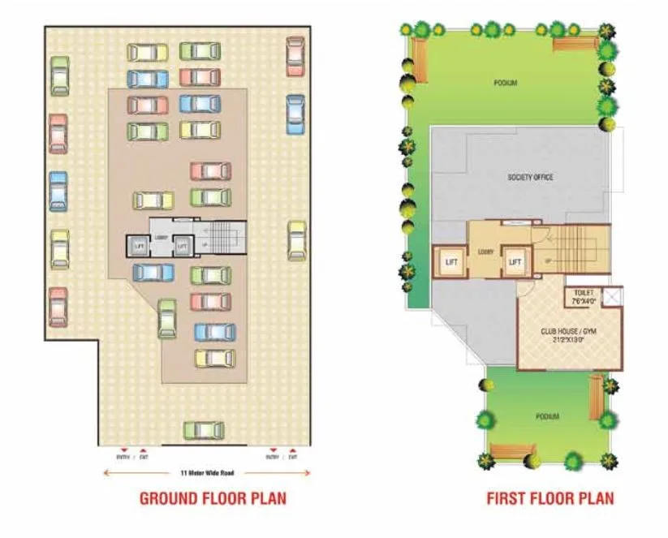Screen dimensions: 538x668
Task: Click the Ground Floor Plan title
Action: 213,497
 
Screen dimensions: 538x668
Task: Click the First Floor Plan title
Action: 549,497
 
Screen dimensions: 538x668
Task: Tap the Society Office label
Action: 530,177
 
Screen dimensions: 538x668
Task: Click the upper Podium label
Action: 505,83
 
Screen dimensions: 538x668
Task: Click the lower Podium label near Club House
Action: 547,416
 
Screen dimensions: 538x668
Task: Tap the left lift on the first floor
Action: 450,261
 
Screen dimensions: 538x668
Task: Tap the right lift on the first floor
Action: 514,261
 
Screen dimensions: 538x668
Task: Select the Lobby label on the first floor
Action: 486,252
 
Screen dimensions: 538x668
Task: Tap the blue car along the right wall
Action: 295,114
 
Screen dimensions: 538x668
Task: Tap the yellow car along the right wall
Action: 297,240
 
